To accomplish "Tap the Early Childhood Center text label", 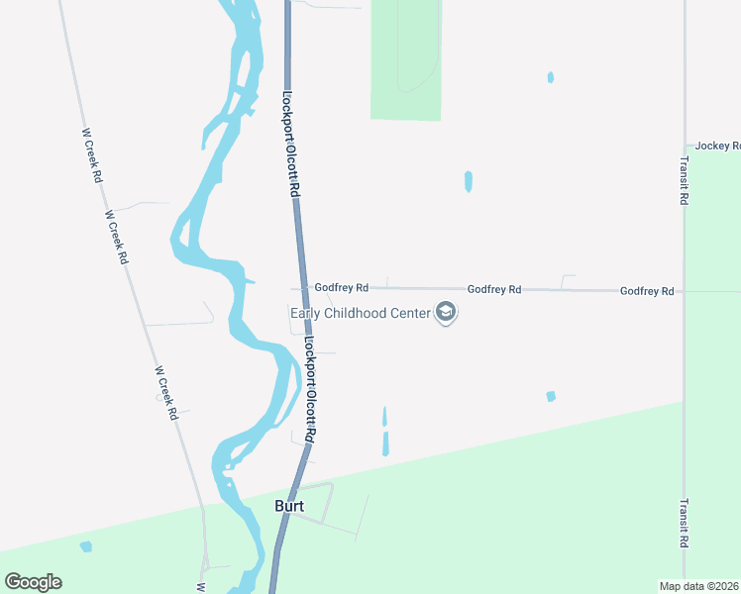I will coord(361,314).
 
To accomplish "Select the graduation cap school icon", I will coord(446,314).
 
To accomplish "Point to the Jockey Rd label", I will coord(717,146).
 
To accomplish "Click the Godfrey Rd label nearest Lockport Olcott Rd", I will coord(342,287).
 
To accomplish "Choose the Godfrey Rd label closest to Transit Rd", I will coord(647,291).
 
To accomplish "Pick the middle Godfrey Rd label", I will coord(494,289).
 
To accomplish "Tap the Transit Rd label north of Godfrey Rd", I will coord(685,180).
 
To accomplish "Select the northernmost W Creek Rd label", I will coord(92,155).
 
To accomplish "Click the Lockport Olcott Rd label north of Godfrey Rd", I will coord(289,144).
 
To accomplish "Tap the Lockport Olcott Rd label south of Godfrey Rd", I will coord(310,390).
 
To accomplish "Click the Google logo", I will coord(33,582).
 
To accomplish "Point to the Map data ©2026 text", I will coord(699,585).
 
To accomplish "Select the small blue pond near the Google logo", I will coord(86,546).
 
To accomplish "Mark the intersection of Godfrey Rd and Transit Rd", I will coord(685,292).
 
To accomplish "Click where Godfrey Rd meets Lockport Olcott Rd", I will coord(301,287).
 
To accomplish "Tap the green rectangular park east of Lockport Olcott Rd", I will coord(405,59).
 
